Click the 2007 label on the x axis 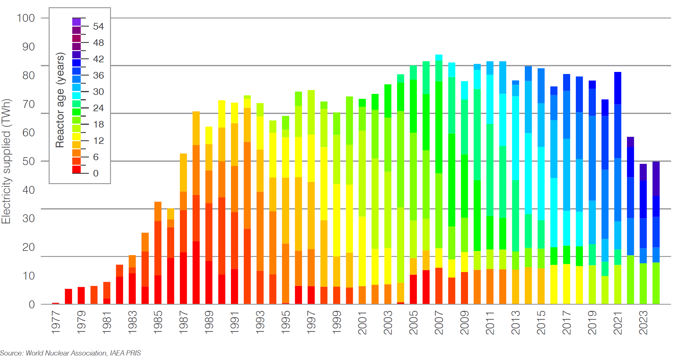439,322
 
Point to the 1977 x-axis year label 56,322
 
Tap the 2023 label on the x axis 643,322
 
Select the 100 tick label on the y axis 26,18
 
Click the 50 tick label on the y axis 28,161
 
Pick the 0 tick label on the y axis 32,304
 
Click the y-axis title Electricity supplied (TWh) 6,161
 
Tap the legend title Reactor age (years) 60,100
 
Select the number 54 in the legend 98,27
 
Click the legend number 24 98,108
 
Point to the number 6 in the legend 96,157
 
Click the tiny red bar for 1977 56,303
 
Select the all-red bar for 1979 81,295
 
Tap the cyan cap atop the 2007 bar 439,57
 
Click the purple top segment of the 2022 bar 630,142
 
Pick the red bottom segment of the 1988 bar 196,272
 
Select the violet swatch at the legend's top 76,22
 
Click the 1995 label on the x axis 285,322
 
